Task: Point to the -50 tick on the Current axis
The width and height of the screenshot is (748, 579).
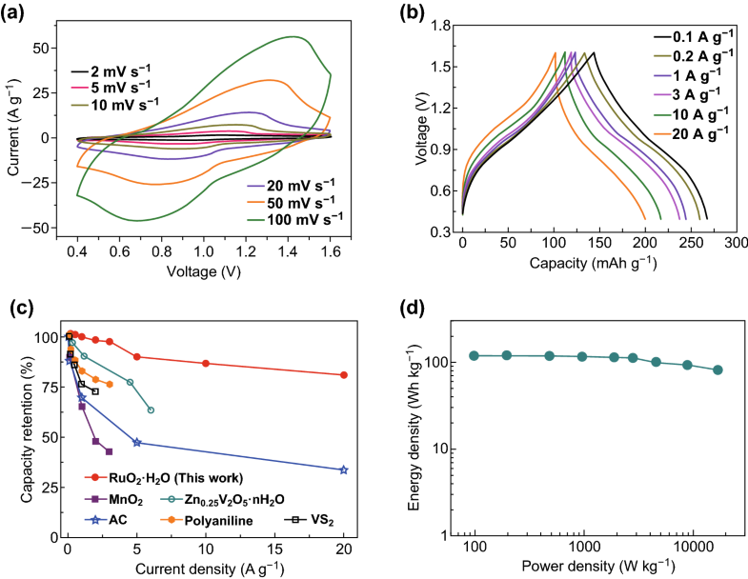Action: click(x=48, y=229)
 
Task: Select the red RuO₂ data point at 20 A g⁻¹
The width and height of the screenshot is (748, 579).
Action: click(x=344, y=375)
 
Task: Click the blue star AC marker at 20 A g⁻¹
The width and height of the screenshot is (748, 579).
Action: click(x=344, y=469)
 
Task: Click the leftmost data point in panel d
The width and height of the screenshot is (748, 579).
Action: click(x=474, y=356)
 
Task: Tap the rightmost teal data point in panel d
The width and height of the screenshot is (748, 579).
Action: click(x=718, y=369)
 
